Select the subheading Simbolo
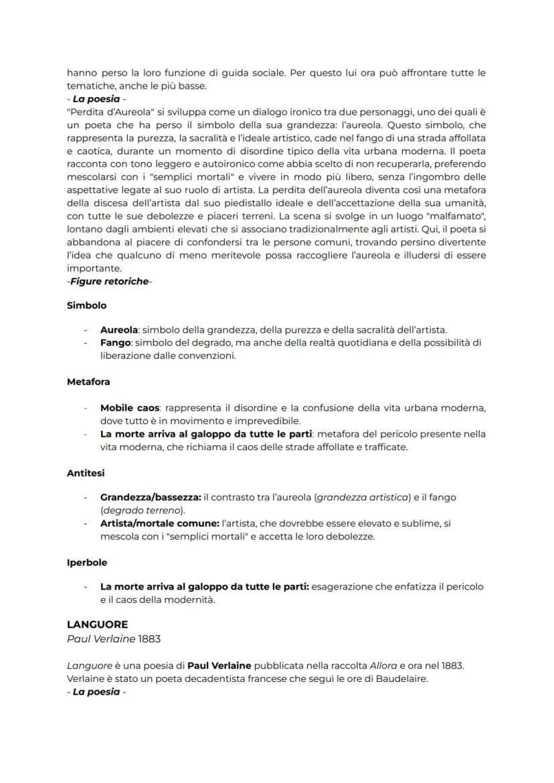pos(86,305)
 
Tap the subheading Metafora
pos(88,382)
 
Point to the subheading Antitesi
pos(86,473)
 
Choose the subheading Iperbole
pos(87,563)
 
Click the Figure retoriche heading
pos(110,281)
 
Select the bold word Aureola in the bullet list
pos(119,330)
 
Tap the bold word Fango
pos(115,343)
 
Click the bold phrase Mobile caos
pos(130,407)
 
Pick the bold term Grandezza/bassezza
pos(151,498)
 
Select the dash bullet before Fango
pos(86,343)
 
